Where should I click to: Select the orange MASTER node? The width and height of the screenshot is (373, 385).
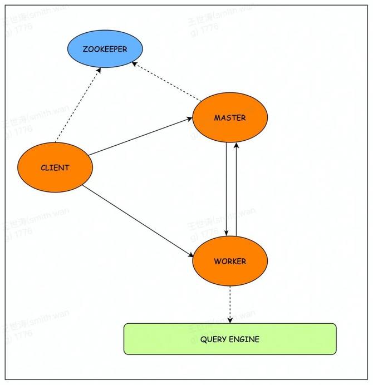point(230,117)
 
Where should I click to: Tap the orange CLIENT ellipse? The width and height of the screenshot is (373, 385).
point(55,167)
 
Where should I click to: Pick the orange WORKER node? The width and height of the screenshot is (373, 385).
point(230,261)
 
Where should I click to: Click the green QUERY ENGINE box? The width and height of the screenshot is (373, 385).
point(230,339)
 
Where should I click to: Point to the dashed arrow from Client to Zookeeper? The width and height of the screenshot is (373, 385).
point(78,106)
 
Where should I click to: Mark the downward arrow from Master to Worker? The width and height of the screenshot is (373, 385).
point(225,189)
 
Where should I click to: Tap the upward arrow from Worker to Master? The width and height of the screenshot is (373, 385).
point(237,189)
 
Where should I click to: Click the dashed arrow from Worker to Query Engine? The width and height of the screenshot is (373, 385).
point(230,303)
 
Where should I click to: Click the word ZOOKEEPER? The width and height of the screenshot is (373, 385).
point(105,49)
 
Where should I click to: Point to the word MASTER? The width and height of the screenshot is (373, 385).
point(230,118)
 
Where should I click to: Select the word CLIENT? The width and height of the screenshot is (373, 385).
point(55,167)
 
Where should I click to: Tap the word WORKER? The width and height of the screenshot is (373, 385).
point(230,261)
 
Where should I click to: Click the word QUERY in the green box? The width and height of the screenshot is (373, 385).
point(212,339)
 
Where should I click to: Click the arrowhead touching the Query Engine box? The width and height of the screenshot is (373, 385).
point(230,320)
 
